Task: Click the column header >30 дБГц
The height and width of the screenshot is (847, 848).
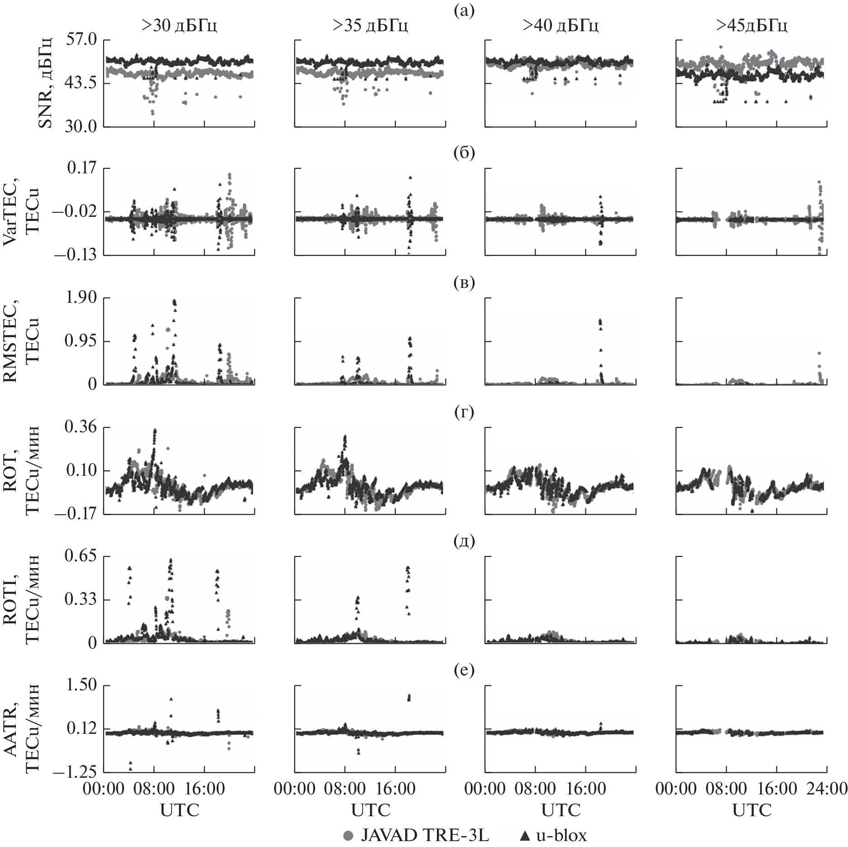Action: point(179,26)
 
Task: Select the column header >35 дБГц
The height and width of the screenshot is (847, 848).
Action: point(370,26)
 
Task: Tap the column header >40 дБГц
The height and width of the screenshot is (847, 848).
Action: point(561,26)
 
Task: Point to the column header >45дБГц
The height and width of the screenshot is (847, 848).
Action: point(752,26)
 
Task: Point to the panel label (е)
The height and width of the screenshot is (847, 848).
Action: point(465,670)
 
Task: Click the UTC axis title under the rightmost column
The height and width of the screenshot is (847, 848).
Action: point(752,809)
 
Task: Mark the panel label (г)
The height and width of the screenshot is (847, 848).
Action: point(465,412)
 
